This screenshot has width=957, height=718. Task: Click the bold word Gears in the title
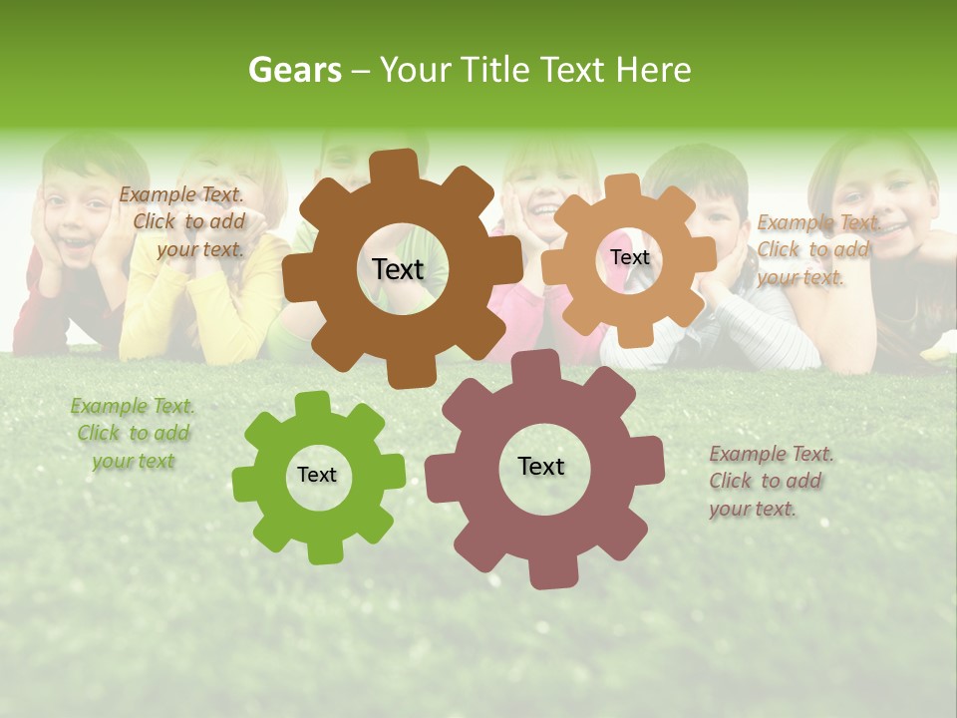[x=294, y=70]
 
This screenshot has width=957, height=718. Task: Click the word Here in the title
[x=653, y=70]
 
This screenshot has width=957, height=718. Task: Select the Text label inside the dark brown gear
[x=398, y=269]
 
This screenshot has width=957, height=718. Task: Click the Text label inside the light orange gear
[x=629, y=257]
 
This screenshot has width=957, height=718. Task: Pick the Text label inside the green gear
[x=317, y=476]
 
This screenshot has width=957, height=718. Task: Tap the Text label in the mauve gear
[x=541, y=467]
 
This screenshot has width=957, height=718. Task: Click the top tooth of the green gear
[x=312, y=404]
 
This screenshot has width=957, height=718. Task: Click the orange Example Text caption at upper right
[x=815, y=250]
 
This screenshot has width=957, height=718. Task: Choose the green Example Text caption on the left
[x=133, y=434]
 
